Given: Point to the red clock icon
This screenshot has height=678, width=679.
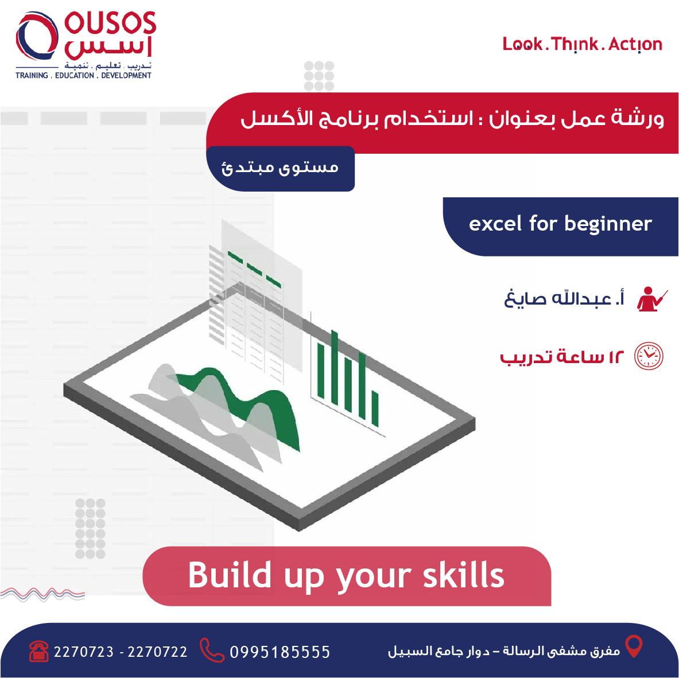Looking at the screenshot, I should tap(648, 356).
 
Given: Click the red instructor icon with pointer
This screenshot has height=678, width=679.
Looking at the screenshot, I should tap(651, 299).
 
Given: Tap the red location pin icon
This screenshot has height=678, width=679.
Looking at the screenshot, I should tap(634, 646).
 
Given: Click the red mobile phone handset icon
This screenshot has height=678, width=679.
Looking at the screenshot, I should tap(211, 650).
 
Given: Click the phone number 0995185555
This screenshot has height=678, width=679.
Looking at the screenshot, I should tap(280, 652).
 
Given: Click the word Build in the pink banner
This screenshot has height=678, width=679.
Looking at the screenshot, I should tap(230, 575).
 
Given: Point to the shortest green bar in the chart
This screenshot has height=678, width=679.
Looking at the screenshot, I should tap(375, 408).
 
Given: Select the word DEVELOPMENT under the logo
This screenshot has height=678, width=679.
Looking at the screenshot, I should tap(126, 75).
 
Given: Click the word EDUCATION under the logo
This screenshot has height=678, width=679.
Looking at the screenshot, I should tap(75, 75).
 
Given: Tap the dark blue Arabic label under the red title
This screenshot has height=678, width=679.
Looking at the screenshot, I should tap(280, 168).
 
